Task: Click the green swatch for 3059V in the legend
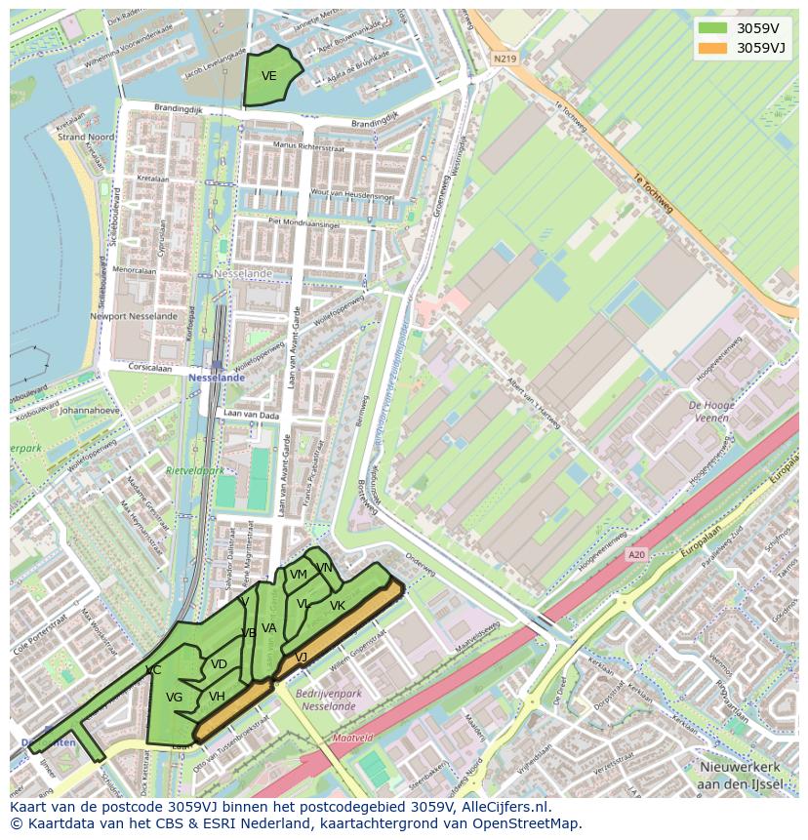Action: coord(712,28)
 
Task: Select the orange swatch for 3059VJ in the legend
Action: coord(712,48)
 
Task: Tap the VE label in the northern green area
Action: coord(269,76)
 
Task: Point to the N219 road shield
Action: coord(504,60)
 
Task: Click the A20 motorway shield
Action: coord(636,555)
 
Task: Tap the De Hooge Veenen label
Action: coord(710,411)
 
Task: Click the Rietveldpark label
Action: coord(194,470)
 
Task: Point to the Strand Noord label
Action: coord(86,138)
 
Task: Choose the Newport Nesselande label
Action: coord(134,316)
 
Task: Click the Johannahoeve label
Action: coord(89,411)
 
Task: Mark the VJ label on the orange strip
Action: coord(302,658)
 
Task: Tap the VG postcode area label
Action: coord(174,698)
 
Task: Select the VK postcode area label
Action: coord(338,606)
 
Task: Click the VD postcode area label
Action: coord(219,664)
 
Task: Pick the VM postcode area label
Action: coord(298,575)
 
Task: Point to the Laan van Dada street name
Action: coord(251,416)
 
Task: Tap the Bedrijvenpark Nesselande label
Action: coord(328,699)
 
